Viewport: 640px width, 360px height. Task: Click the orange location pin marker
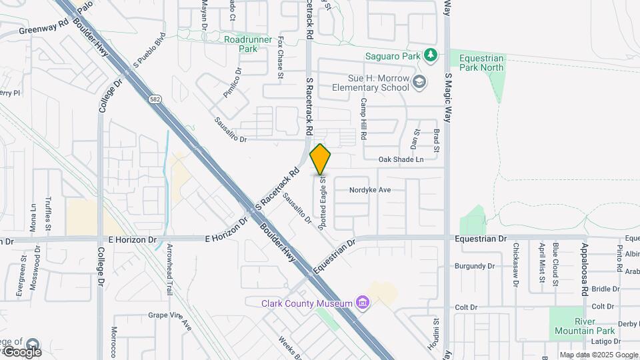tap(321, 159)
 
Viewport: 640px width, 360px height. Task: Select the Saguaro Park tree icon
tap(431, 56)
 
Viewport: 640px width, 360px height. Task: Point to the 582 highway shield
tap(155, 99)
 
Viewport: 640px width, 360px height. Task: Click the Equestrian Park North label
tap(481, 63)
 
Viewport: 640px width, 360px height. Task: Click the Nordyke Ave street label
tap(370, 190)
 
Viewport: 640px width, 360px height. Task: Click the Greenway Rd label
tap(44, 30)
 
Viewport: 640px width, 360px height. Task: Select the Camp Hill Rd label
tap(364, 119)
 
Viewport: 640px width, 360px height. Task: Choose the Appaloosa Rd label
tap(583, 268)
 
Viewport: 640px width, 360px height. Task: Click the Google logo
tap(21, 351)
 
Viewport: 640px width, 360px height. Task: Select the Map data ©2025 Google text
tap(599, 355)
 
